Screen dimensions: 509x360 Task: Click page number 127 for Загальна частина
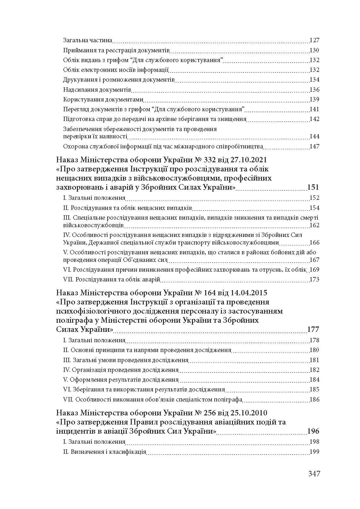pyautogui.click(x=315, y=40)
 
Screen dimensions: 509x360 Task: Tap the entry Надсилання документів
pyautogui.click(x=97, y=90)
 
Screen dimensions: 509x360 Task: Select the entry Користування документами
pyautogui.click(x=103, y=100)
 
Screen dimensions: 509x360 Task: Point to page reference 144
pyautogui.click(x=315, y=136)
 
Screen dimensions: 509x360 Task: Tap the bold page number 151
pyautogui.click(x=313, y=188)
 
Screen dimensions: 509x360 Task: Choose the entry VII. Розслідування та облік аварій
pyautogui.click(x=112, y=280)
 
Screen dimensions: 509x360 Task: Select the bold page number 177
pyautogui.click(x=313, y=330)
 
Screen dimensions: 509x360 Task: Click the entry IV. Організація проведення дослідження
pyautogui.click(x=121, y=370)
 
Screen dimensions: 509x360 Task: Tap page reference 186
pyautogui.click(x=315, y=400)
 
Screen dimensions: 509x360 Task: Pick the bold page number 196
pyautogui.click(x=313, y=431)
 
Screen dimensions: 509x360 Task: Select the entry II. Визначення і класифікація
pyautogui.click(x=104, y=452)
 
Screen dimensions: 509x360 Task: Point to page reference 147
pyautogui.click(x=315, y=147)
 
